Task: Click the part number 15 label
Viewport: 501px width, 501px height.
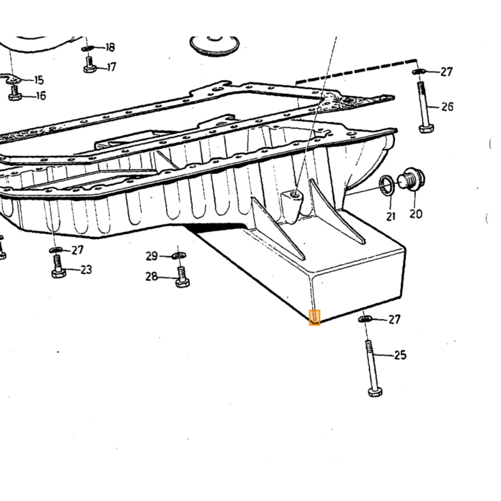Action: (x=39, y=80)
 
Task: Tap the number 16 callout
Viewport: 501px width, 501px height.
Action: (x=42, y=95)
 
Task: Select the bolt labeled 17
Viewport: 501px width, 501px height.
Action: (x=89, y=64)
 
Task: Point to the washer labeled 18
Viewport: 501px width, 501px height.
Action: (x=87, y=48)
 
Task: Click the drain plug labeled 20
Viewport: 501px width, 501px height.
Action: (x=412, y=179)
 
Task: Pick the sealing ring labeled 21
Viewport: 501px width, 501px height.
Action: (x=387, y=185)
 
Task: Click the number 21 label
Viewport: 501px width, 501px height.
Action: (x=391, y=216)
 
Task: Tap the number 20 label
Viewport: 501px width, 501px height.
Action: (x=416, y=214)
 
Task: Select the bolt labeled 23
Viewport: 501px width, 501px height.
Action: (x=59, y=266)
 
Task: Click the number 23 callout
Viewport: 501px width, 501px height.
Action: (x=86, y=270)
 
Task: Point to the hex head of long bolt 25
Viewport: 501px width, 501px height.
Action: (x=375, y=392)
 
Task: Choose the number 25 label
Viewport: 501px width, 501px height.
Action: (x=400, y=355)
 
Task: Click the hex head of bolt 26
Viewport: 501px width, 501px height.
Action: (x=427, y=129)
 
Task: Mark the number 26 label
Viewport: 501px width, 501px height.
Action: (x=447, y=107)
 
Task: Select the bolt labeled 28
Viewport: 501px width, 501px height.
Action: (x=183, y=278)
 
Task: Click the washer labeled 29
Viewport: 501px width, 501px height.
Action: (x=179, y=256)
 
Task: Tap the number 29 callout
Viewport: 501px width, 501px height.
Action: (x=152, y=256)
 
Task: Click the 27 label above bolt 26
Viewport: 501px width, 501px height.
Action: (x=447, y=72)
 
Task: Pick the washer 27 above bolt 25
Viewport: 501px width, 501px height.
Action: (x=365, y=319)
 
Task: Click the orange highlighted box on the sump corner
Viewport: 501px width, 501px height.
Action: (x=314, y=318)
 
